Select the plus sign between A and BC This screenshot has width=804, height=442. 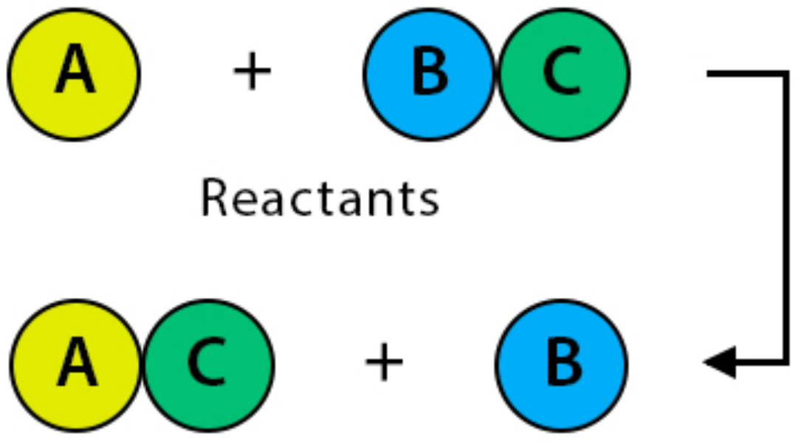pos(252,74)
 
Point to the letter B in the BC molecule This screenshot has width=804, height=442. pos(430,74)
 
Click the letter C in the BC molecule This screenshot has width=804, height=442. pos(563,74)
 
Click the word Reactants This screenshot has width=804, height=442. pos(320,199)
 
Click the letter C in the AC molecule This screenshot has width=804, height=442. pos(208,364)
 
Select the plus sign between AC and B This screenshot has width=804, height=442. pos(385,364)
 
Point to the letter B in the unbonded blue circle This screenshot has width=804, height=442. pos(563,364)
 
